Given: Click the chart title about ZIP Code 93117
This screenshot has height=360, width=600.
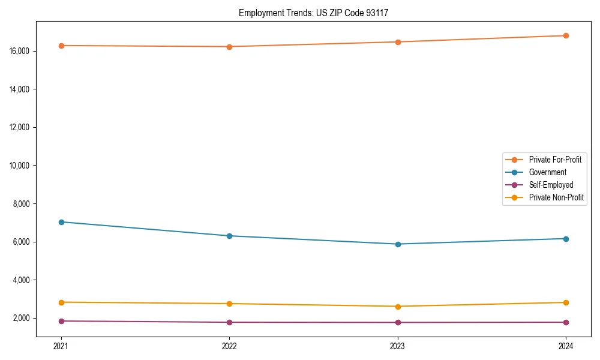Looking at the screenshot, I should [x=313, y=13].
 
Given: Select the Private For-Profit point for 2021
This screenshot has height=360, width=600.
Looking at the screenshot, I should [x=61, y=46].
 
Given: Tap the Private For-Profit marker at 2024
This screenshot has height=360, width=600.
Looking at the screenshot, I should [x=566, y=35].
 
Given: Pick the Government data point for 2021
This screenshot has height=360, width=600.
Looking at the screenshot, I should [x=61, y=222].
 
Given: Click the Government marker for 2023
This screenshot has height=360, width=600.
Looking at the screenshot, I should [x=398, y=244].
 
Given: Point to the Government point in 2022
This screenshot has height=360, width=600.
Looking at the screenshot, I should [x=229, y=236].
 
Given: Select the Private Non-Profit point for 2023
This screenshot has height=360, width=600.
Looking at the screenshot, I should [x=398, y=307].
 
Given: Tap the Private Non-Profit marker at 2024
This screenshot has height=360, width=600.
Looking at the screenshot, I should [x=566, y=302].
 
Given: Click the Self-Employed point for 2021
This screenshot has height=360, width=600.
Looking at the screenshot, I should [x=61, y=321].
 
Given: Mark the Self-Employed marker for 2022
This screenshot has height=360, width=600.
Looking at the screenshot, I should [x=229, y=322].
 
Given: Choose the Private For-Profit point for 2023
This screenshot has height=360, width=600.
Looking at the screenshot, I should [x=398, y=42].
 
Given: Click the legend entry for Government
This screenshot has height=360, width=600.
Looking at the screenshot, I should [x=547, y=172].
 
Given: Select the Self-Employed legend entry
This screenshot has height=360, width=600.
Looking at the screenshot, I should [x=551, y=185].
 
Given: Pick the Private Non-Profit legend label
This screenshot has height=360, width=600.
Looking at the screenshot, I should [x=556, y=197].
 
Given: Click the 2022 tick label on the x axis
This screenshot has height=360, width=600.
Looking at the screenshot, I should [x=229, y=346].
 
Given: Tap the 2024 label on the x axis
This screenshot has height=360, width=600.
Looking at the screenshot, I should [x=566, y=346].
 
